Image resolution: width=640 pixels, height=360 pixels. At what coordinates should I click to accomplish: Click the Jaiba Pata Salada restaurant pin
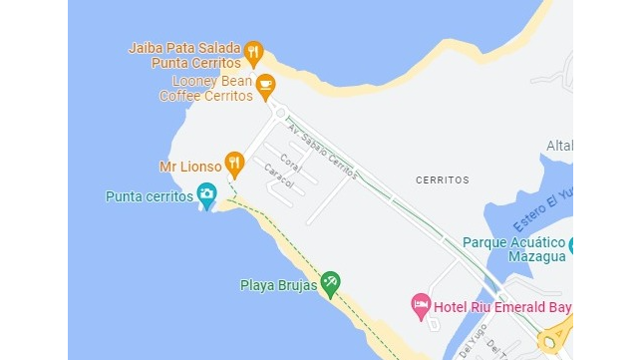pos(253,51)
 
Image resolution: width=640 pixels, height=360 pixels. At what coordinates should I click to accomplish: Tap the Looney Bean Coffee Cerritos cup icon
pos(265,86)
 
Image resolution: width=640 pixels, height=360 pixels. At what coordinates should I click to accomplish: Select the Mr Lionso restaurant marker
pos(234,161)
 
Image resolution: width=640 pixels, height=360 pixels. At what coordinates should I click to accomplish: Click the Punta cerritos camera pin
pos(207,194)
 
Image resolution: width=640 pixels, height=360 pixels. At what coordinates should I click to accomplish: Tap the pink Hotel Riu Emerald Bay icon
pos(422,303)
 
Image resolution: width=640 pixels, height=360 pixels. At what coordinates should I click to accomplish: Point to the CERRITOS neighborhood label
pos(442,180)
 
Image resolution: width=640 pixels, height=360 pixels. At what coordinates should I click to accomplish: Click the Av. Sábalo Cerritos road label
pos(321,149)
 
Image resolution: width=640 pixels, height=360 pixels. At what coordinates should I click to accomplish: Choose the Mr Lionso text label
pos(189,167)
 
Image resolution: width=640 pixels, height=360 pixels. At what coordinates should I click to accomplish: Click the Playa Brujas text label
pos(278,286)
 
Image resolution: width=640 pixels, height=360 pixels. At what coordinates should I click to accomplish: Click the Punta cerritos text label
pos(150,196)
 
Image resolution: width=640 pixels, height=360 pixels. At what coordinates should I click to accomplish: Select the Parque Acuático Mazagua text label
pos(514,248)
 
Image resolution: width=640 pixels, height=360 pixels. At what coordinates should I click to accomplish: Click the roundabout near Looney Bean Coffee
pos(281,112)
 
